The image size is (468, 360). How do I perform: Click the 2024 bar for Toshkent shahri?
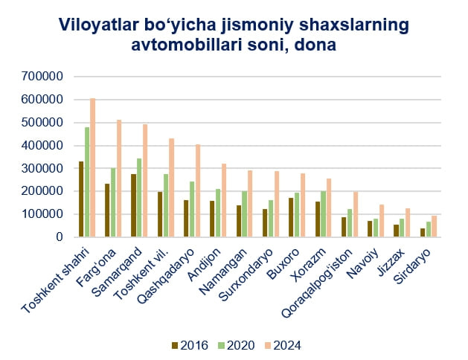coord(93,168)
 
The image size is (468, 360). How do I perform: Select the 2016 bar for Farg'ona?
coord(107,210)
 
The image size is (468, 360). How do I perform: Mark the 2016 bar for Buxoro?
coord(290,217)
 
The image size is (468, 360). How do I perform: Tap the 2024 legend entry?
coord(279,345)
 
